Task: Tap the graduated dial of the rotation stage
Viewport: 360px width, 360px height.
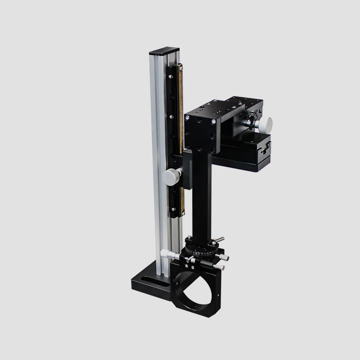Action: pos(200,249)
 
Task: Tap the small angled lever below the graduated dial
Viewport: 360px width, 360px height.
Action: pos(192,261)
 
